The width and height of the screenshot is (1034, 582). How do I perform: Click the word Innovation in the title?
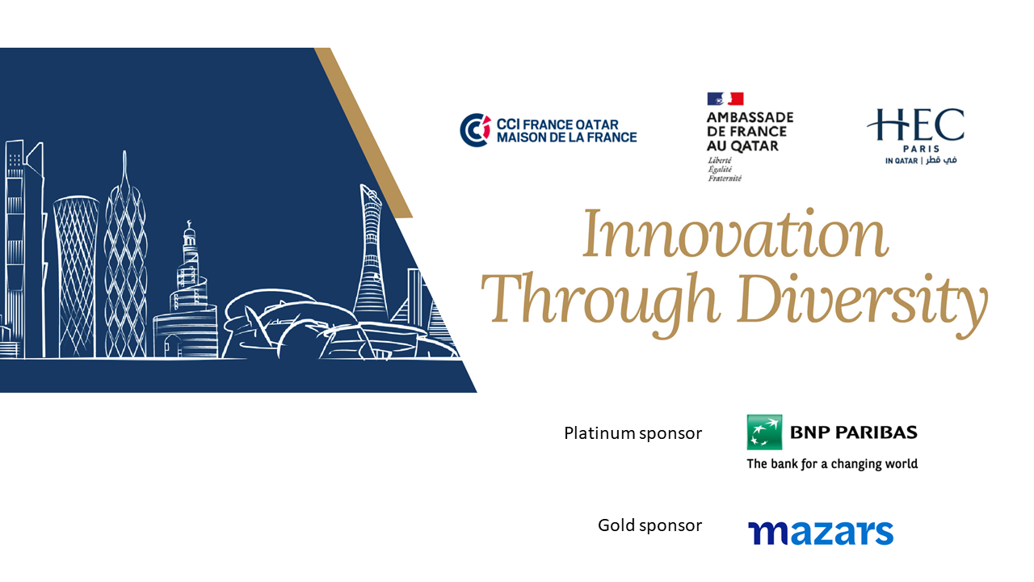(735, 234)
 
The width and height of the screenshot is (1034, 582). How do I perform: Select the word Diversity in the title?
(862, 303)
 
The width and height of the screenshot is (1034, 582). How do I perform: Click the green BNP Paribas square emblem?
(764, 432)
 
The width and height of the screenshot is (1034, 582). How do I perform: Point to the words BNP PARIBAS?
(854, 432)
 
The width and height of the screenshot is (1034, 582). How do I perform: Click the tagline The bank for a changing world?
(832, 464)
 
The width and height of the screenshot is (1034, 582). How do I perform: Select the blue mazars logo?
(821, 533)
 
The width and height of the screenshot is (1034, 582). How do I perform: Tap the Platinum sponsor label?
(633, 433)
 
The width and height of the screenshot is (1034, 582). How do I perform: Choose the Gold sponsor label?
(650, 525)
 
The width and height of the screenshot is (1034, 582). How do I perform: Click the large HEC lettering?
(916, 124)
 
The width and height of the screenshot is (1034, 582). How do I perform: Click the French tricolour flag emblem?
(725, 99)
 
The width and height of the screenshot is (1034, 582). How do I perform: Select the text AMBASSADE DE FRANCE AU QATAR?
(750, 132)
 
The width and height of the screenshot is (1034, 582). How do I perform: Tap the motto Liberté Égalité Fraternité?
(725, 169)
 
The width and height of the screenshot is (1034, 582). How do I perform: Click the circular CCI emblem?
(475, 130)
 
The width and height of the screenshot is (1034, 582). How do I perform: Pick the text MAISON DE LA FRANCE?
(567, 137)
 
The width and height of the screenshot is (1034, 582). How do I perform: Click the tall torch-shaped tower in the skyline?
(370, 254)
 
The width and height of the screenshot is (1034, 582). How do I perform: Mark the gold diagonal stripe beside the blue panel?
(364, 133)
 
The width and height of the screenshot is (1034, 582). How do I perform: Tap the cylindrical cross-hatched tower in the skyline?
(77, 276)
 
